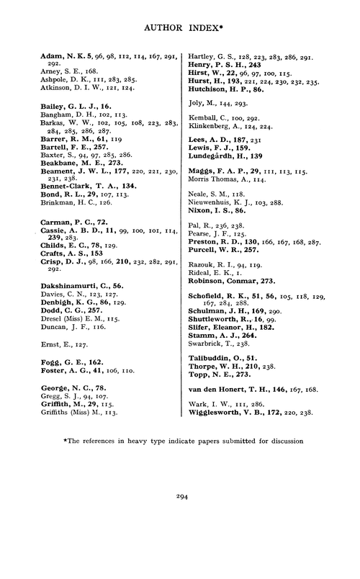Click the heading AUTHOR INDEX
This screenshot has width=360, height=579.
[x=178, y=30]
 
